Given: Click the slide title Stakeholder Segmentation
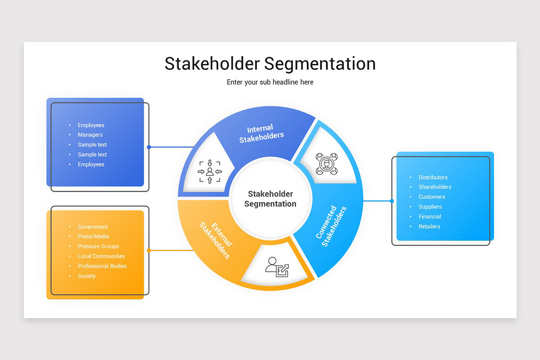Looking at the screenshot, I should [x=270, y=63].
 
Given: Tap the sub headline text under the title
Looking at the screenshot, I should [x=270, y=82].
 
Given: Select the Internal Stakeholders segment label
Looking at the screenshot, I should [x=261, y=134].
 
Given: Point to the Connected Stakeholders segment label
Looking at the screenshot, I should [x=331, y=226].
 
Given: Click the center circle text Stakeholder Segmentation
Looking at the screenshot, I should [x=270, y=199].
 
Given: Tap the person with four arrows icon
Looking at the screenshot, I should [x=210, y=171].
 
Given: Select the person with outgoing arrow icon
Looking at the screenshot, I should [x=277, y=267].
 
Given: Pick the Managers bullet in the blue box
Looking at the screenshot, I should [x=90, y=135].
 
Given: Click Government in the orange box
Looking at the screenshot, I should [x=93, y=227].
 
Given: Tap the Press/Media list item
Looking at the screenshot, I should [x=93, y=237].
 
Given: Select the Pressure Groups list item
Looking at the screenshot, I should [x=98, y=247].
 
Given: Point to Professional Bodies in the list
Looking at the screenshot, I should [x=102, y=266].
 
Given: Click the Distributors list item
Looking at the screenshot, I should [x=433, y=177].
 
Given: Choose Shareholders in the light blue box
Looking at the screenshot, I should [x=435, y=187].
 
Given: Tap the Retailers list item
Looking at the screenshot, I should [x=429, y=227].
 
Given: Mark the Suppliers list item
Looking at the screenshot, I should [x=430, y=207].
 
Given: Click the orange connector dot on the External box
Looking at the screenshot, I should [x=149, y=250].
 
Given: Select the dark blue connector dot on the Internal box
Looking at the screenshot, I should [x=149, y=147].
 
